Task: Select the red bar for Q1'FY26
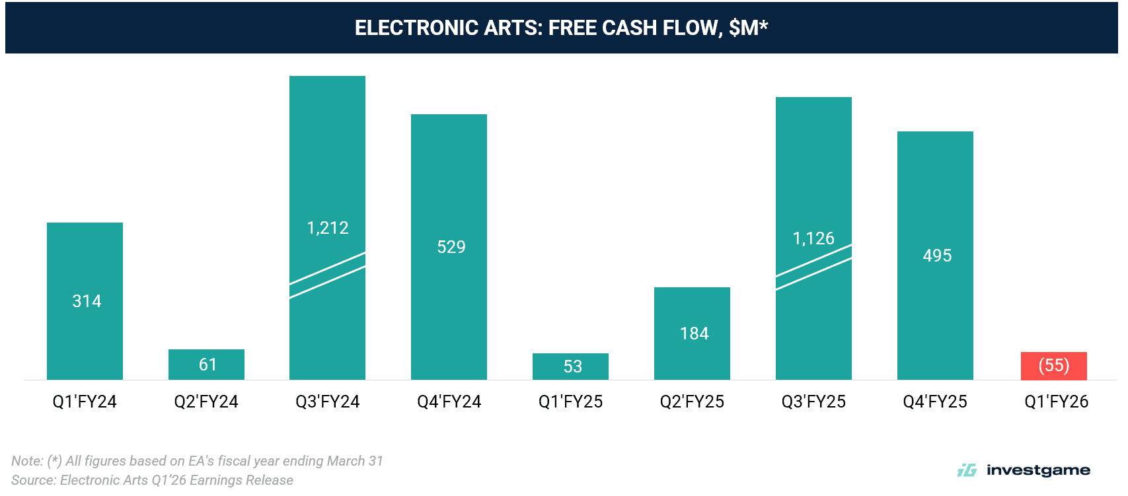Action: pos(1053,366)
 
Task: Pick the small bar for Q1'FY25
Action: pos(570,367)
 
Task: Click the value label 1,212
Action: pos(328,228)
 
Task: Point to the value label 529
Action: pos(451,247)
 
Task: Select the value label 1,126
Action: pos(813,238)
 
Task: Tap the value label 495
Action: pos(937,256)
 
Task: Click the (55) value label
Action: pos(1053,365)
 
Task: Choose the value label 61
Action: pos(207,365)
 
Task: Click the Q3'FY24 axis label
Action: pos(328,402)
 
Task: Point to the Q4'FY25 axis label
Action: pos(935,402)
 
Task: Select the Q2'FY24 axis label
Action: pos(206,402)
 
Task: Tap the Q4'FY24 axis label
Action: pos(449,402)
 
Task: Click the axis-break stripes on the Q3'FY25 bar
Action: pos(813,267)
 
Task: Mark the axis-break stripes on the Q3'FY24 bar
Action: pos(328,275)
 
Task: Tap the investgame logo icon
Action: pos(967,470)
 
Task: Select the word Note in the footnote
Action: pos(26,461)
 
